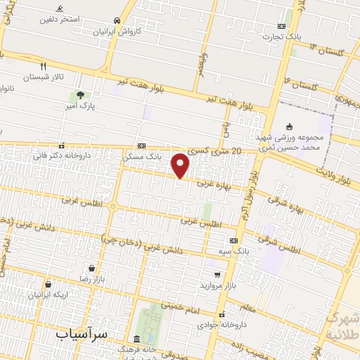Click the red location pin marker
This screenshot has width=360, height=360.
click(181, 165)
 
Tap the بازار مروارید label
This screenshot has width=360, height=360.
click(215, 285)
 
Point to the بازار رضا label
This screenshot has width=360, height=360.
click(91, 279)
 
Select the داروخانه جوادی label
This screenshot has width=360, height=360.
click(222, 325)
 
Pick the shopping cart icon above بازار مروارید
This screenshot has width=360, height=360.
click(217, 275)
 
